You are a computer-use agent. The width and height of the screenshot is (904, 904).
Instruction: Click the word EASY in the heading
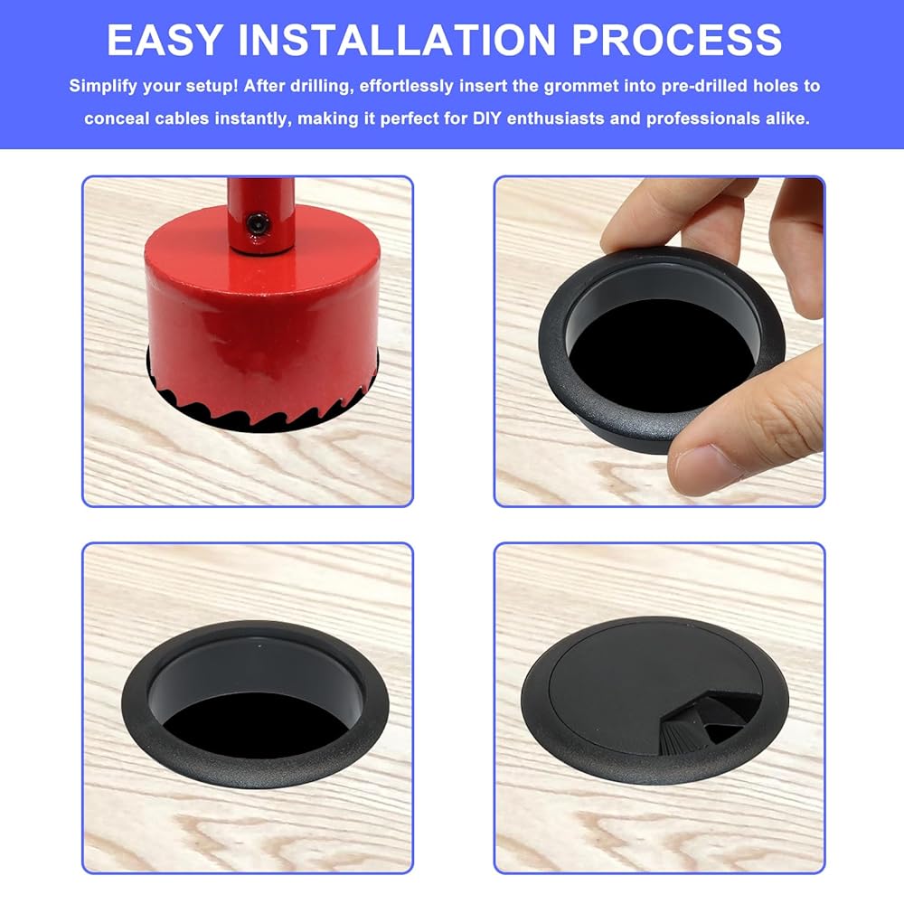(165, 40)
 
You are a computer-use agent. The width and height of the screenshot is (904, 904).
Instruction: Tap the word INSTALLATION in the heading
(397, 40)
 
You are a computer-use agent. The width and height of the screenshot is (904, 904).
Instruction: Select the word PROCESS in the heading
(676, 40)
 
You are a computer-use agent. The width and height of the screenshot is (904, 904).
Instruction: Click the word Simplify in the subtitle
(103, 87)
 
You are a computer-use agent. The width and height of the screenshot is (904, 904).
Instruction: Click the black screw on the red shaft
(258, 223)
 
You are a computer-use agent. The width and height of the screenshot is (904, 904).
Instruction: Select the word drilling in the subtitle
(320, 87)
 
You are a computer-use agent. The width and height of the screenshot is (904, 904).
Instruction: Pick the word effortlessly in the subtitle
(407, 87)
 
